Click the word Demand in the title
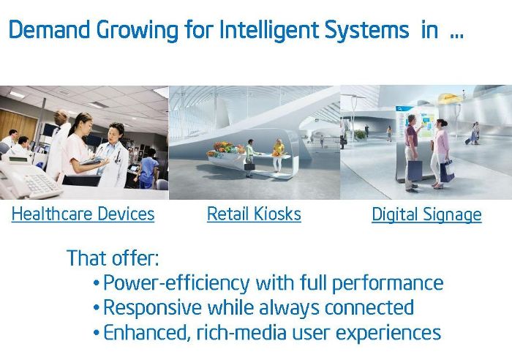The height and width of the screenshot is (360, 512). coord(49,30)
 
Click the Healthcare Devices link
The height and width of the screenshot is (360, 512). coord(83,214)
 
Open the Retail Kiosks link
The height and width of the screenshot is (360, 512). coord(254,214)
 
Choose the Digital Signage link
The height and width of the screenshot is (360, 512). coord(426,215)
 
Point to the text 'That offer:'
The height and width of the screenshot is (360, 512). coord(113,258)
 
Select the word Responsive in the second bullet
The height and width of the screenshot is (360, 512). coord(152,308)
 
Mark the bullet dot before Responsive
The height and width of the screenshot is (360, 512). coord(96,308)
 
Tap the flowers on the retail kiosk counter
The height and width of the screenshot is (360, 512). coord(225,149)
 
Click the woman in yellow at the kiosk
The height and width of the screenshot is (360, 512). coord(278,156)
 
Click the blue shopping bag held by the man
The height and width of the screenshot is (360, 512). coord(415,170)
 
